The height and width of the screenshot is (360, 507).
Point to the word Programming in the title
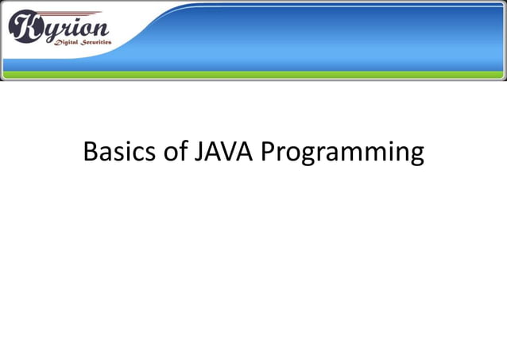pyautogui.click(x=343, y=153)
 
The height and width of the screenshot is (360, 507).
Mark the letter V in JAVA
pyautogui.click(x=230, y=151)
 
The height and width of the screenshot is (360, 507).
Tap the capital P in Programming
pyautogui.click(x=269, y=151)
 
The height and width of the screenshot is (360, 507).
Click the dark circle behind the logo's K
pyautogui.click(x=25, y=28)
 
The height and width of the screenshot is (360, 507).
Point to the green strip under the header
pyautogui.click(x=253, y=75)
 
